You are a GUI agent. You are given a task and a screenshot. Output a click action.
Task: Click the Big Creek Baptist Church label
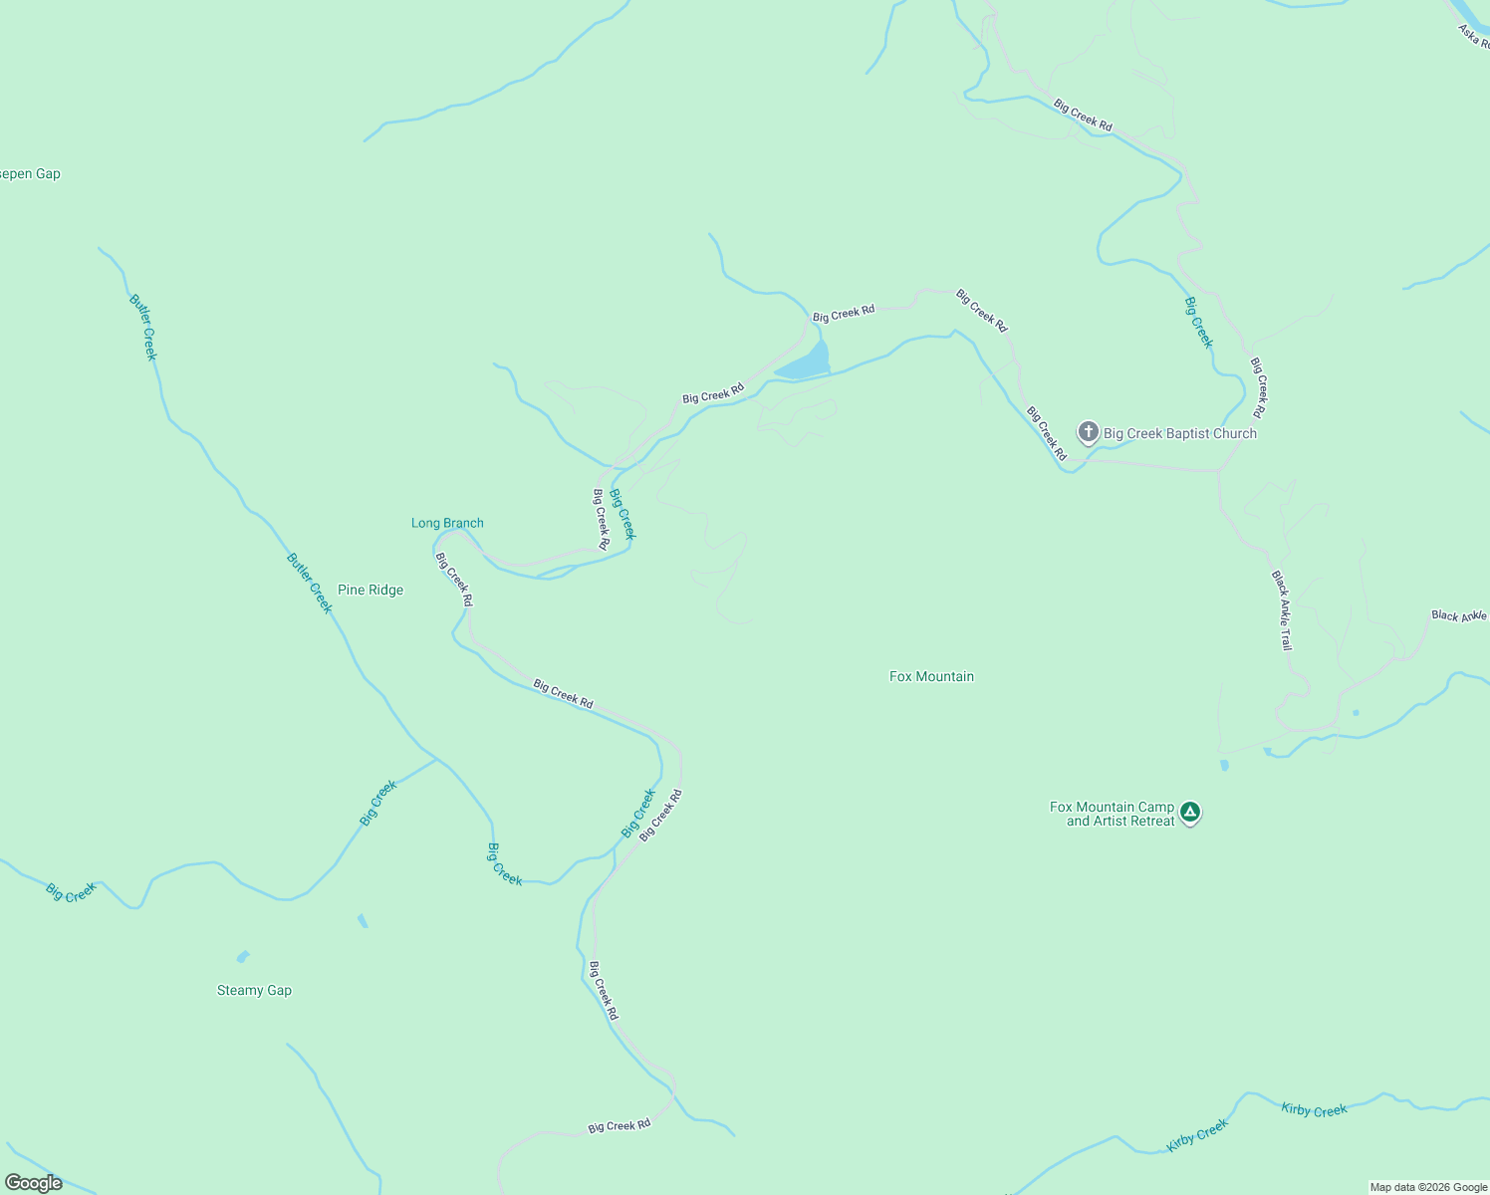(x=1179, y=433)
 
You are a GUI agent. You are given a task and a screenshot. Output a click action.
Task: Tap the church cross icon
(x=1089, y=432)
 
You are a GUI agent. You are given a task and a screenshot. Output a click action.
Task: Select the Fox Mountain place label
(x=931, y=676)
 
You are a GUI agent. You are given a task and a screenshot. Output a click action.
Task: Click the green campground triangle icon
(x=1189, y=814)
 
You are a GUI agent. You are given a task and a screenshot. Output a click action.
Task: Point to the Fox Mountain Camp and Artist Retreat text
(x=1113, y=814)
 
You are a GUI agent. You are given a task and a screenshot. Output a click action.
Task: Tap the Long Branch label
(x=447, y=523)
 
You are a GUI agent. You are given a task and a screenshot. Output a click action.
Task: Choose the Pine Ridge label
(x=371, y=590)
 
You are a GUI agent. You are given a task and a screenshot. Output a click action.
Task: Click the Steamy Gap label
(x=254, y=990)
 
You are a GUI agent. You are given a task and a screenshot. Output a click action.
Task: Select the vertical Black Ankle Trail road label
(x=1282, y=610)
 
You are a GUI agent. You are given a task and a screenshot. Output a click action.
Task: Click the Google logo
(x=33, y=1183)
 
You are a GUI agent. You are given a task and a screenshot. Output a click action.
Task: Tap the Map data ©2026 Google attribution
(x=1428, y=1187)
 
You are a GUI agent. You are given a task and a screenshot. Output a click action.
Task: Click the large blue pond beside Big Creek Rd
(x=805, y=364)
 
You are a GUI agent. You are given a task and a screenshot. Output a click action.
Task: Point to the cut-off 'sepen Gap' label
(x=30, y=173)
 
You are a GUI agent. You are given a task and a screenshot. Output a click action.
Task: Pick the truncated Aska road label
(x=1474, y=36)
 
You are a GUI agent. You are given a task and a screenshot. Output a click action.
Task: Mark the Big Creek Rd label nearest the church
(x=1047, y=433)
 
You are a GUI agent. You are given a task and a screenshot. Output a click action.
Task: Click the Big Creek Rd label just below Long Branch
(x=454, y=580)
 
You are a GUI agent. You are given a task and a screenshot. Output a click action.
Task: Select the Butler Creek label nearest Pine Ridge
(x=309, y=583)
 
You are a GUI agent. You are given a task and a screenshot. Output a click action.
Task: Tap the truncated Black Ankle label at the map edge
(x=1459, y=615)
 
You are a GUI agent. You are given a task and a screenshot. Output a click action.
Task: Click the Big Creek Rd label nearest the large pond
(x=843, y=313)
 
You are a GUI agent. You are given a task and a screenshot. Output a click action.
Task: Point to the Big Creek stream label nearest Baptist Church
(x=1199, y=323)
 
